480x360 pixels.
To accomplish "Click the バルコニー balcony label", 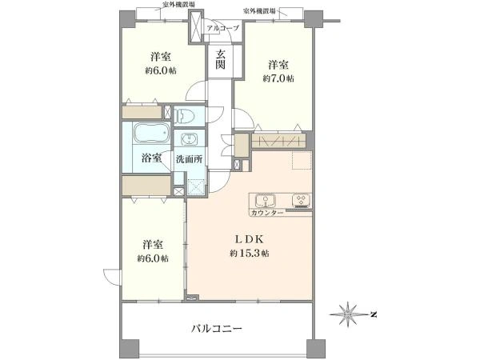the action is (x=217, y=329).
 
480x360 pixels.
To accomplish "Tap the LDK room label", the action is (x=249, y=239).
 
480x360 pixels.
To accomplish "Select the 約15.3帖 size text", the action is (x=250, y=254).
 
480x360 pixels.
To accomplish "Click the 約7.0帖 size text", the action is (x=278, y=78).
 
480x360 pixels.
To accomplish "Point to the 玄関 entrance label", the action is (x=220, y=59).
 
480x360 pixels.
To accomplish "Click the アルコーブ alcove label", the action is (x=222, y=29).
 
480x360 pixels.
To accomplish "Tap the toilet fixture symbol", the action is (x=183, y=116).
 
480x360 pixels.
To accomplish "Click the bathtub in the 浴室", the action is (x=152, y=134).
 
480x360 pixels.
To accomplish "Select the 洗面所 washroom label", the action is (x=189, y=159).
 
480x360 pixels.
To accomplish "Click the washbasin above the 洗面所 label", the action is (x=190, y=139).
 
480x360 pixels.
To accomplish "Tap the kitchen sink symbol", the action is (x=266, y=201).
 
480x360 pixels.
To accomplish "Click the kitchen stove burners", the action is (x=302, y=200).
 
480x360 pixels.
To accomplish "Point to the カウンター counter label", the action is (x=266, y=213).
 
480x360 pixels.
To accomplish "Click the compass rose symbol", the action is (x=348, y=314).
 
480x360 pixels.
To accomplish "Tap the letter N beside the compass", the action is (x=373, y=314).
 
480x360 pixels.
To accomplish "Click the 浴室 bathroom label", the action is (x=151, y=158).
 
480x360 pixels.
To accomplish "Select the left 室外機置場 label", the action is (x=179, y=4).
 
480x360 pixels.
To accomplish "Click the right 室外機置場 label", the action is (x=259, y=11).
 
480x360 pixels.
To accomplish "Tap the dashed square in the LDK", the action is (x=302, y=160).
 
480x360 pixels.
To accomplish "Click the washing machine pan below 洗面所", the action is (x=196, y=186).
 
